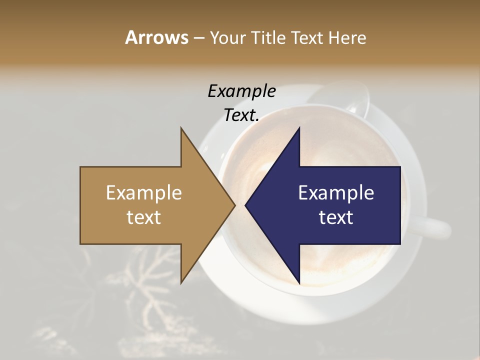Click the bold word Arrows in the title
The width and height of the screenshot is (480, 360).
pyautogui.click(x=156, y=37)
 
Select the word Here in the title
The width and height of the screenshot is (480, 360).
pyautogui.click(x=346, y=37)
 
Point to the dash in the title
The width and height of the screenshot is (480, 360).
pyautogui.click(x=198, y=38)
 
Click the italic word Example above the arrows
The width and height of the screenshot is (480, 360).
pyautogui.click(x=241, y=91)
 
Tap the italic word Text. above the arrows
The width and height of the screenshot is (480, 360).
pyautogui.click(x=241, y=115)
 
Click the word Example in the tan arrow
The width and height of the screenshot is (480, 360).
pyautogui.click(x=144, y=192)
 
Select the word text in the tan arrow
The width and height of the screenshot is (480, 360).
pyautogui.click(x=144, y=217)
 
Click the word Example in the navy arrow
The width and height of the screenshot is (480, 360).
pyautogui.click(x=336, y=192)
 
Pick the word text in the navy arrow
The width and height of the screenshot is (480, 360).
pyautogui.click(x=336, y=217)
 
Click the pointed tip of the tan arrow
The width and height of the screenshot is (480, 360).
pyautogui.click(x=234, y=205)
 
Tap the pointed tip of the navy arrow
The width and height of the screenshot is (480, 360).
pyautogui.click(x=245, y=205)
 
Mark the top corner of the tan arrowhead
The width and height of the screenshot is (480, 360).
pyautogui.click(x=181, y=128)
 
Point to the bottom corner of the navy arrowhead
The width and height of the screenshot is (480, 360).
pyautogui.click(x=299, y=283)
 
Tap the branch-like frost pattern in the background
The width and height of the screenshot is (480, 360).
pyautogui.click(x=150, y=295)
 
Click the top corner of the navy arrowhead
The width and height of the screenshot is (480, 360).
pyautogui.click(x=299, y=128)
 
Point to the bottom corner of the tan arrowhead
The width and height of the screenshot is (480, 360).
pyautogui.click(x=181, y=283)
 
